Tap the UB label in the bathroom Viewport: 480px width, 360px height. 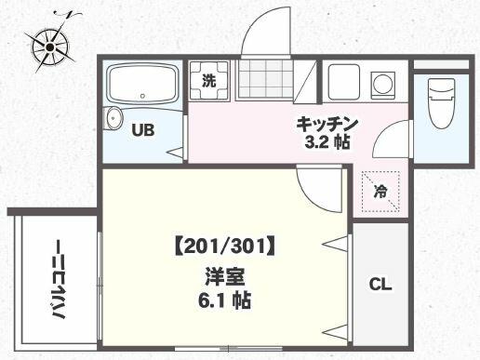click(141, 131)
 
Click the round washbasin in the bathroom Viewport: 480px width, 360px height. click(113, 118)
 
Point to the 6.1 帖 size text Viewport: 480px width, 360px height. click(223, 300)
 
